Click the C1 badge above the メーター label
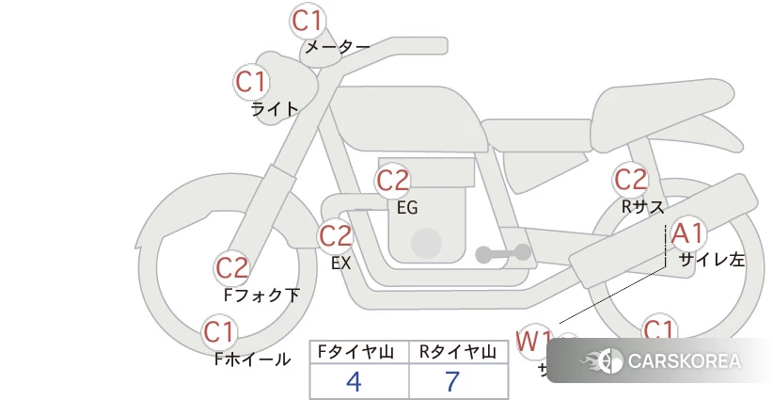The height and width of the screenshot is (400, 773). coord(308,20)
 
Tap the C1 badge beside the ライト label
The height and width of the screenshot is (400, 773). coord(251,82)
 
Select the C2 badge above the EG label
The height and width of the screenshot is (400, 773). coord(392,180)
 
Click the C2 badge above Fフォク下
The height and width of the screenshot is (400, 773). coord(231,268)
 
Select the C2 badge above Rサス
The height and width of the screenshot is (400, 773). coord(630,179)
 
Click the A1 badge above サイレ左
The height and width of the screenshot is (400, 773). coord(686,232)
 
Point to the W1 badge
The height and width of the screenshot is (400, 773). coord(534,340)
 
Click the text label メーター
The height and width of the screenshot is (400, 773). coord(336,46)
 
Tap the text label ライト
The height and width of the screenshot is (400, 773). coord(275,108)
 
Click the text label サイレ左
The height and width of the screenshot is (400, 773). coord(712,259)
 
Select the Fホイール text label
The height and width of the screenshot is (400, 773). coord(252,359)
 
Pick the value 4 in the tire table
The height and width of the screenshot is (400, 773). coord(354,381)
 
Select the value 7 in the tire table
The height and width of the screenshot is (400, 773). coord(453,381)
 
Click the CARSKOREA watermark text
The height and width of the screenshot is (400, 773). coord(684,361)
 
